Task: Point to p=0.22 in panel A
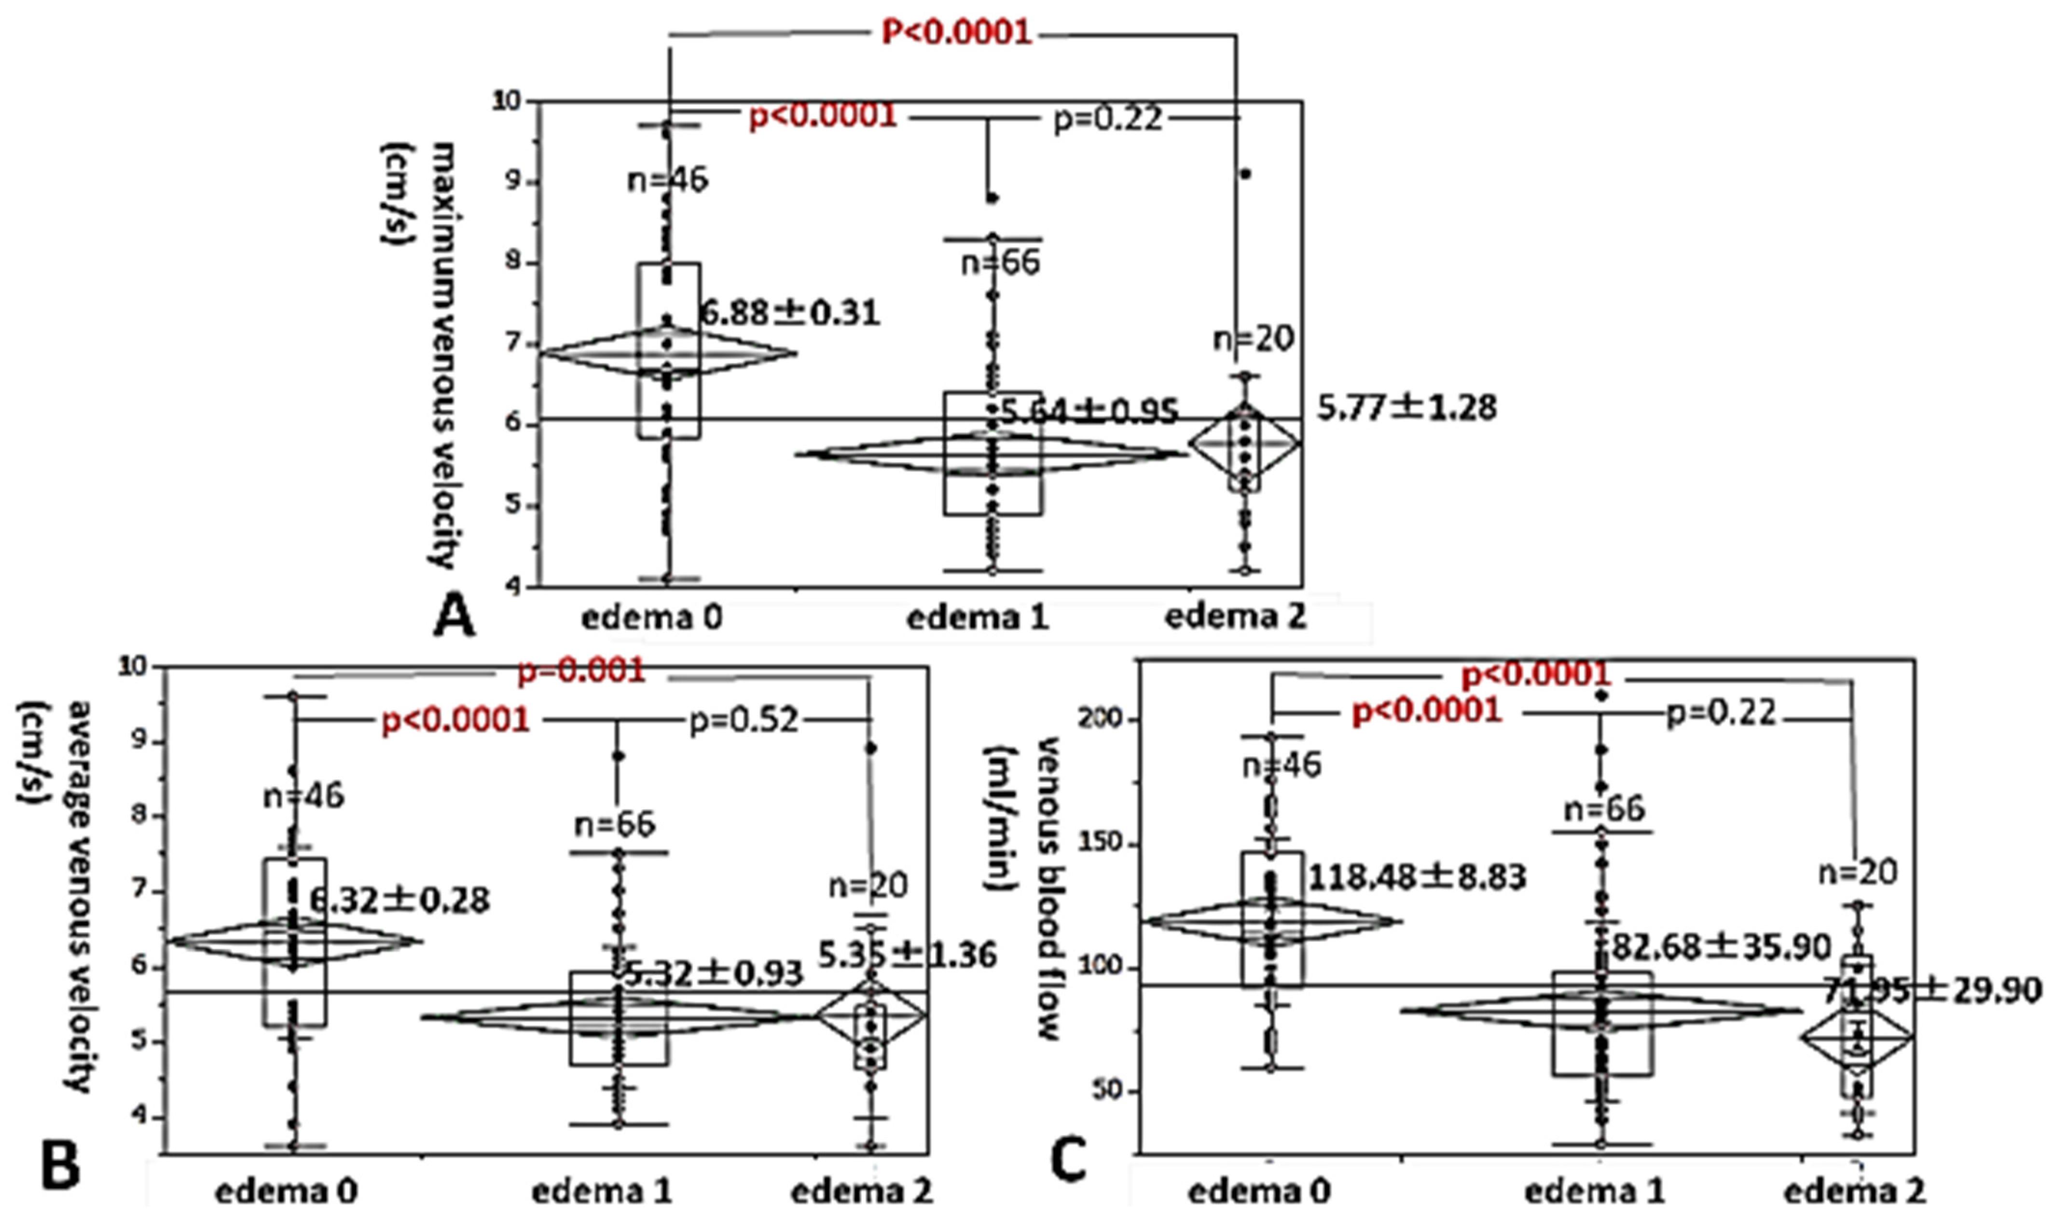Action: coord(1106,120)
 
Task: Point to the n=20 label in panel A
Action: coord(1253,339)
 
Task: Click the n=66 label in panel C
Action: coord(1603,809)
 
